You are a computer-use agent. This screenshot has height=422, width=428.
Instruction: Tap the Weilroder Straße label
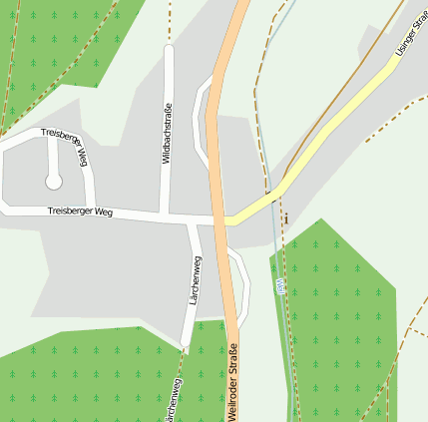(232, 382)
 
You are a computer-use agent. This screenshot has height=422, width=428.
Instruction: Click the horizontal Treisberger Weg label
(80, 212)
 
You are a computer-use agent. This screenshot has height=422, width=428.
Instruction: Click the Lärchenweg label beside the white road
(197, 280)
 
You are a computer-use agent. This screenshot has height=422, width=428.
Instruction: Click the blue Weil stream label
(280, 286)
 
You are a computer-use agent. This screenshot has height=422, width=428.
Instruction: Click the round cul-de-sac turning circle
(54, 182)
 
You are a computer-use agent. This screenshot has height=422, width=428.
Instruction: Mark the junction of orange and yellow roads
(225, 218)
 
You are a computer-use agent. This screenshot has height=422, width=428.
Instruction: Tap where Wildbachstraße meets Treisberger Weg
(166, 214)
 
